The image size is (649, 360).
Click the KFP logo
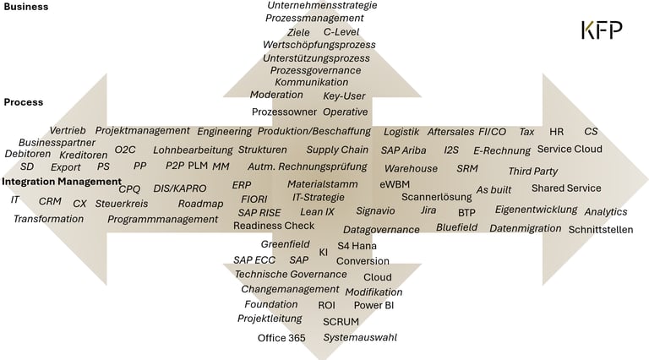pos(602,30)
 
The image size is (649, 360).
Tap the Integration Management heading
pos(58,181)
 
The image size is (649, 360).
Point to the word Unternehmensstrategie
pos(322,5)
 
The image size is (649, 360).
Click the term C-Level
pos(341,32)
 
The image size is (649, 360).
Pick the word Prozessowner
pos(283,112)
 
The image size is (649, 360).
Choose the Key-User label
pos(344,96)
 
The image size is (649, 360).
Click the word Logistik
pos(401,132)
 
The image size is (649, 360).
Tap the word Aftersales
pos(450,132)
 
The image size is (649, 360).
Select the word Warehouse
pos(411,168)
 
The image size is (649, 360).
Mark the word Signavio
pos(375,210)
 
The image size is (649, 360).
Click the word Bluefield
pos(456,227)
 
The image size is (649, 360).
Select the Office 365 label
pos(281,338)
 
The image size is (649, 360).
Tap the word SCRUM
pos(341,322)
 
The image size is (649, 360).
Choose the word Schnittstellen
pos(601,229)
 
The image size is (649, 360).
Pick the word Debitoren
pos(28,155)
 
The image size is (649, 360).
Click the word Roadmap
pos(200,204)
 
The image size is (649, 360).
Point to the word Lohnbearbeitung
pos(193,150)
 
